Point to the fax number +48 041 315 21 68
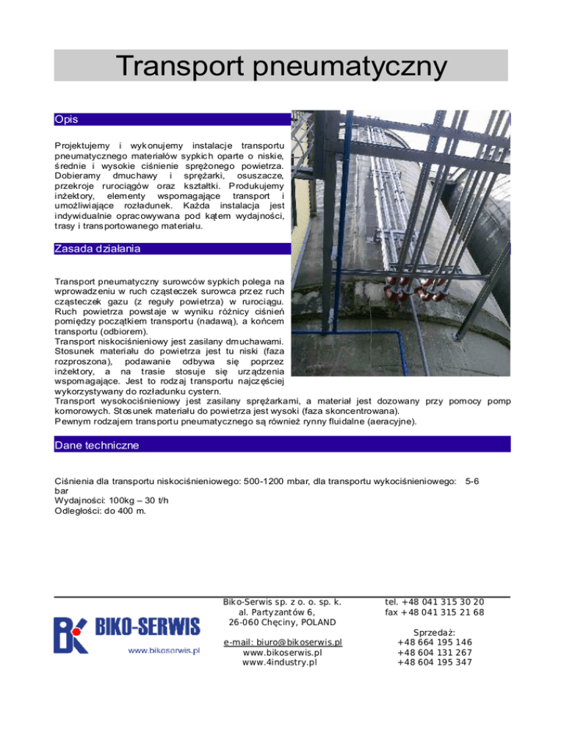click(434, 612)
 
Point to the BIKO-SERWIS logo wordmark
click(147, 627)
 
